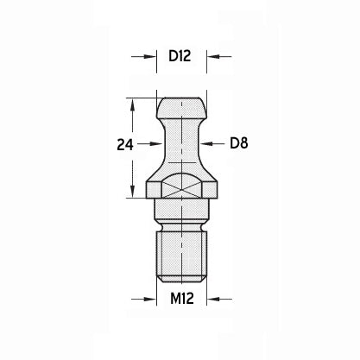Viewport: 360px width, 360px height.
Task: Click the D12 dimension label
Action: point(180,56)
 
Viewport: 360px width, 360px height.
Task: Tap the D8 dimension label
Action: point(239,143)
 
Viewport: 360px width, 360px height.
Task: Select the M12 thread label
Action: point(182,299)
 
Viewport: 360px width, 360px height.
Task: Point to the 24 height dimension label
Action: point(125,145)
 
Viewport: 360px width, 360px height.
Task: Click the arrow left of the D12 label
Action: point(144,56)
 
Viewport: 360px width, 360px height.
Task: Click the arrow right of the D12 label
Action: point(219,56)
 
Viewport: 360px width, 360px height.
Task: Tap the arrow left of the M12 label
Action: point(144,300)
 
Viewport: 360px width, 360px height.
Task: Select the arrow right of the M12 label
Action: point(219,300)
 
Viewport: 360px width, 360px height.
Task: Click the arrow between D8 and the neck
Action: point(212,143)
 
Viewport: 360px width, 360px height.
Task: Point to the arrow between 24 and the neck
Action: point(149,143)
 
